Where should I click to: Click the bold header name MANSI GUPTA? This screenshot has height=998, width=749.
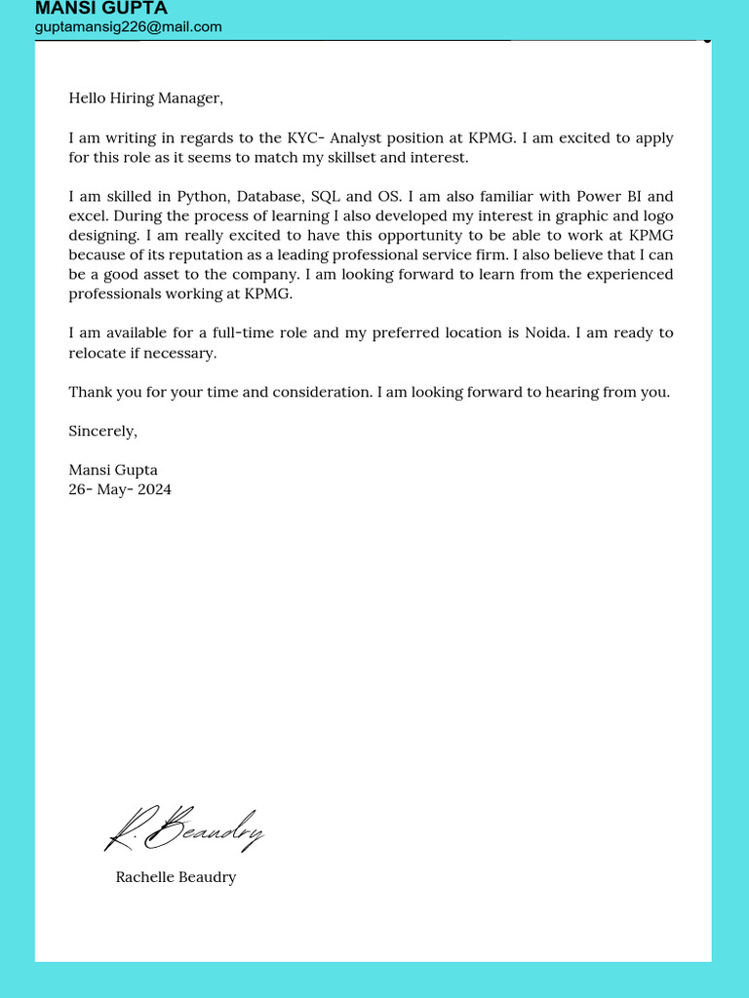coord(100,9)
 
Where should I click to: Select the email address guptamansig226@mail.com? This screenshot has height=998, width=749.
coord(128,27)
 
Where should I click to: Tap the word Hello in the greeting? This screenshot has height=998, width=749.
coord(88,97)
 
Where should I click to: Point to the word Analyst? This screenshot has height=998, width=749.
coord(363,137)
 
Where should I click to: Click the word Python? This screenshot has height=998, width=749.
coord(200,196)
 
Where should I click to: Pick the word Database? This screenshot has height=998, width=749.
coord(269,196)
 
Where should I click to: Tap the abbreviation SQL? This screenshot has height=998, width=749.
coord(325,196)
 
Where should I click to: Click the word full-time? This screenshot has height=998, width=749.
coord(238,332)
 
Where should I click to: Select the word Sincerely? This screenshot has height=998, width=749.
coord(102,431)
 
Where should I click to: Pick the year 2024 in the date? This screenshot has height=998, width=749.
coord(154,489)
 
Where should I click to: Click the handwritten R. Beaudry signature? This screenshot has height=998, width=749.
coord(183,830)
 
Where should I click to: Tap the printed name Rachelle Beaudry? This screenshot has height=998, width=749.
coord(176,877)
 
